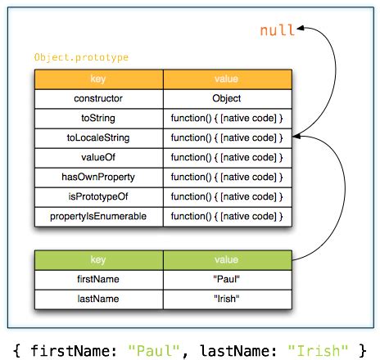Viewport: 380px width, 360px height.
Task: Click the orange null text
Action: click(x=277, y=31)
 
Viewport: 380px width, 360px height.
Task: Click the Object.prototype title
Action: click(x=81, y=58)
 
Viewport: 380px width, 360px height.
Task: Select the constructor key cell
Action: click(x=98, y=98)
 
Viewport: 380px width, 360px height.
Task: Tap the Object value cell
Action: click(x=227, y=98)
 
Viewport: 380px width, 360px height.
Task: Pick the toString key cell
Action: click(x=98, y=118)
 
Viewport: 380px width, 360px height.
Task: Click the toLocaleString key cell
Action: click(x=98, y=137)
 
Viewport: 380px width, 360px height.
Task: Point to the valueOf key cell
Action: click(x=98, y=157)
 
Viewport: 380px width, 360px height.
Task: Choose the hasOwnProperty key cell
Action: click(x=98, y=177)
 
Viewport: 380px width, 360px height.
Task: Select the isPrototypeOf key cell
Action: click(x=98, y=196)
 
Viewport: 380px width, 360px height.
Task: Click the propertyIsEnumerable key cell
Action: click(x=98, y=216)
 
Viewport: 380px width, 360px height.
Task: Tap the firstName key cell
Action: click(x=98, y=279)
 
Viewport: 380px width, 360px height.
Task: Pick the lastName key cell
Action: click(x=98, y=299)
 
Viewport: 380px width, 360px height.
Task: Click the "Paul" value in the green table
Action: click(x=227, y=279)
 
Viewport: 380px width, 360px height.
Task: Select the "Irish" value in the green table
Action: click(x=227, y=299)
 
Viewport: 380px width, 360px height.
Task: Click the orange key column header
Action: click(x=98, y=79)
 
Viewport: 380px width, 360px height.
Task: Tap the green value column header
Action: click(x=227, y=259)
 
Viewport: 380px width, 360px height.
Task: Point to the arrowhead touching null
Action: click(x=302, y=30)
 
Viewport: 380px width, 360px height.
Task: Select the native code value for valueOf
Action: click(x=227, y=157)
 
